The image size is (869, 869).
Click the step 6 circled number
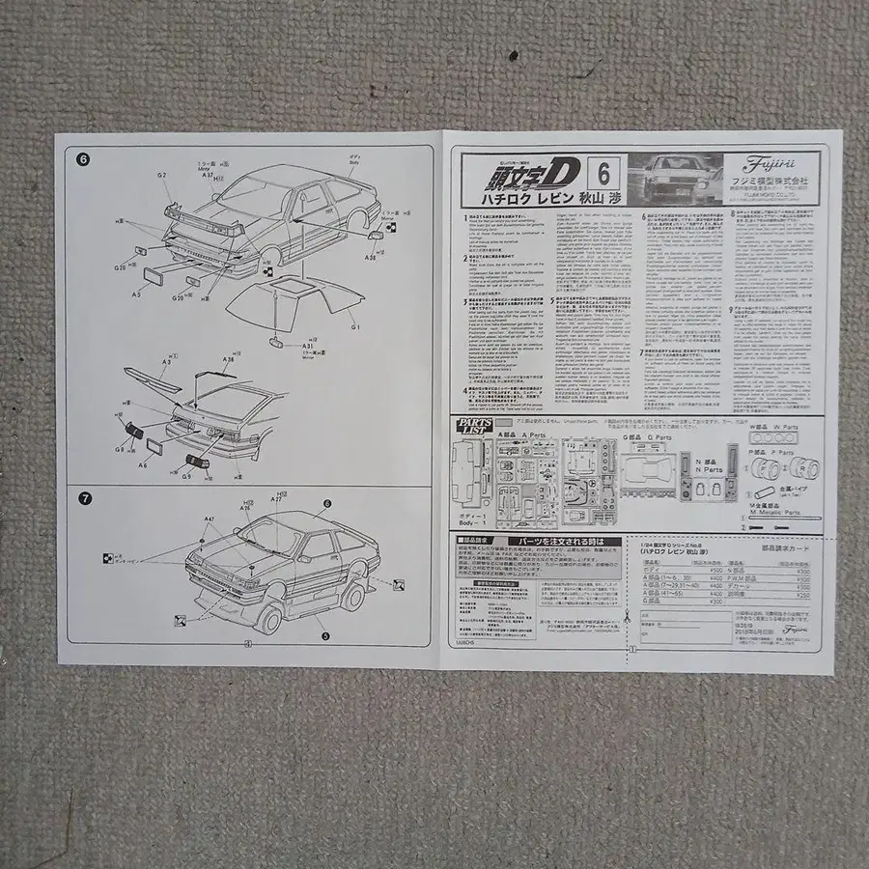click(83, 159)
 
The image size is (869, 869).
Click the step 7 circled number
click(85, 498)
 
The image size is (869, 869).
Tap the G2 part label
click(162, 176)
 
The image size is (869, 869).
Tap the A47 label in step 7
click(209, 519)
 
